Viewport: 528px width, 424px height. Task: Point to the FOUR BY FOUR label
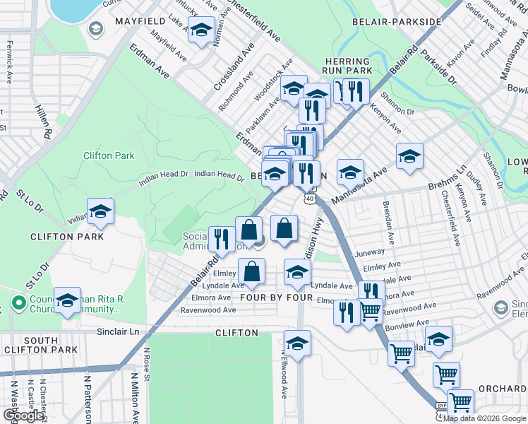[x=276, y=298]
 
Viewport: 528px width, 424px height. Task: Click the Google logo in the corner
[x=23, y=416]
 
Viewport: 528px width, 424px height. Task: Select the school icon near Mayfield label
[x=202, y=30]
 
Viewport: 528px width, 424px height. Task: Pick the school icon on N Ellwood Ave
[x=297, y=343]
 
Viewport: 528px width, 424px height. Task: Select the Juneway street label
[x=371, y=252]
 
